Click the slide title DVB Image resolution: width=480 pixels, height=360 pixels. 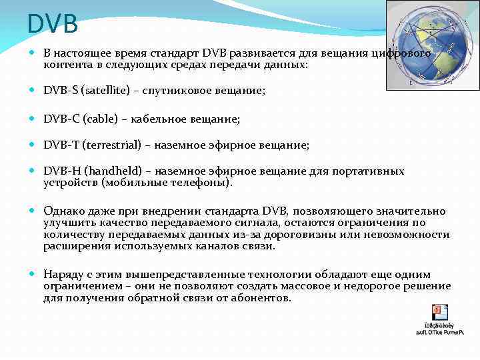point(53,25)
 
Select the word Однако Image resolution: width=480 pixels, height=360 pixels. point(64,211)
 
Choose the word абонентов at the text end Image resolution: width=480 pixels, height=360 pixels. point(263,298)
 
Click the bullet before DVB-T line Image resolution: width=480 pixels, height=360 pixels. point(33,145)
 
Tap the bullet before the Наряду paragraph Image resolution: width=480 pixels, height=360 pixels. point(33,275)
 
